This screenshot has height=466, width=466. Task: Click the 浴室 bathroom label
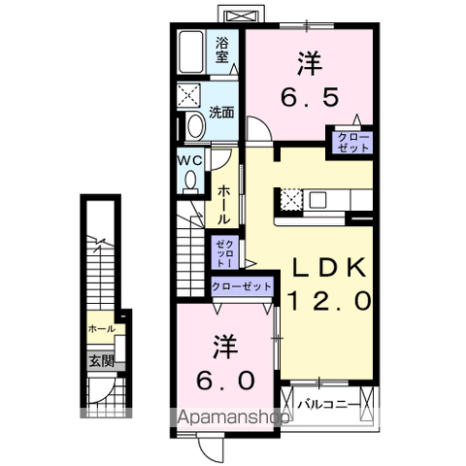tap(222, 50)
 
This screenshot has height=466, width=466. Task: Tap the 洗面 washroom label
tap(221, 113)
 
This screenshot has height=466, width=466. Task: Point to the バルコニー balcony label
tap(329, 403)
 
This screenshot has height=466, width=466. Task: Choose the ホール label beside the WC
tap(223, 204)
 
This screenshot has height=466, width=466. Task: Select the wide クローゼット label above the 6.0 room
tap(243, 286)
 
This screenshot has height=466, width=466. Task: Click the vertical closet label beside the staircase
tap(222, 251)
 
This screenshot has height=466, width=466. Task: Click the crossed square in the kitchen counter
tap(290, 199)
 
